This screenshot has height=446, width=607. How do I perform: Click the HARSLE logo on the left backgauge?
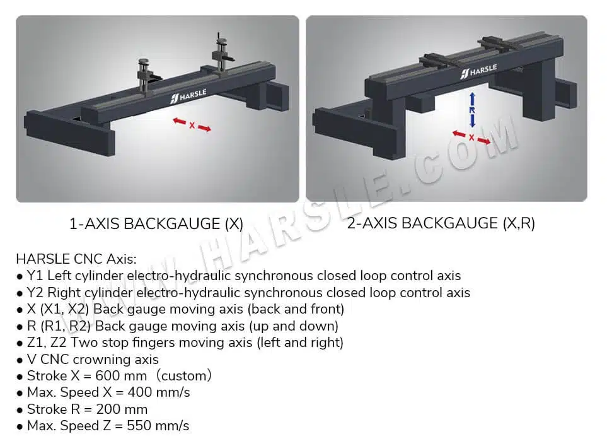point(188,96)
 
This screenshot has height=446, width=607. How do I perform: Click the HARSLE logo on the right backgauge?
point(478,71)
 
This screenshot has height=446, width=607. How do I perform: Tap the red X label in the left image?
point(192,126)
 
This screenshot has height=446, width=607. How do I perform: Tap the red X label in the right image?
point(471,138)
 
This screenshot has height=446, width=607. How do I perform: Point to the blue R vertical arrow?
point(472,110)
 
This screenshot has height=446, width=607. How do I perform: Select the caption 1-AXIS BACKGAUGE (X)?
point(156,224)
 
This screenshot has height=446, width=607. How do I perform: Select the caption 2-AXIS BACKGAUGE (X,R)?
point(441,223)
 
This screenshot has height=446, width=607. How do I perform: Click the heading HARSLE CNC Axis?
point(76,259)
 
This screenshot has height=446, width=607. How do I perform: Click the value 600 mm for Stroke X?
point(121,376)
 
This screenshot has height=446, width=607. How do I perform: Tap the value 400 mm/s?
point(159,392)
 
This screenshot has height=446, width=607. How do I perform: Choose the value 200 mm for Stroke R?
point(122,409)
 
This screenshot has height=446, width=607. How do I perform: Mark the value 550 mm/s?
point(158,426)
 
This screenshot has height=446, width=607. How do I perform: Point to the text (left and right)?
point(300,343)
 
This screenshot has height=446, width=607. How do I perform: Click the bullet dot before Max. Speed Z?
point(20,427)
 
